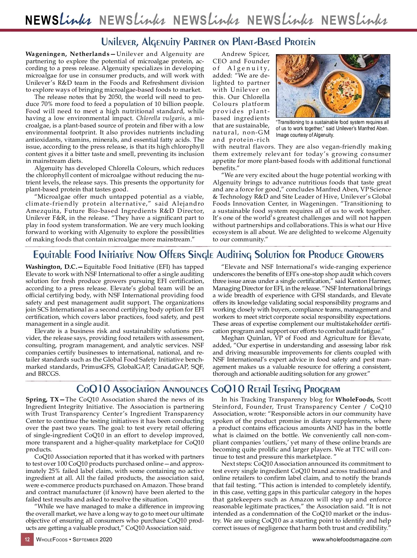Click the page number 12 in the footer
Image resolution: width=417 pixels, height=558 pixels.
(x=27, y=540)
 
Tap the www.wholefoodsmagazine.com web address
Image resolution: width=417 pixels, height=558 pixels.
(x=352, y=540)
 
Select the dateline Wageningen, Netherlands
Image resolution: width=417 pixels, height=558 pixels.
(x=67, y=54)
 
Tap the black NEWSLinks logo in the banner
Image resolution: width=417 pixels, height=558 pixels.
(x=58, y=20)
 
